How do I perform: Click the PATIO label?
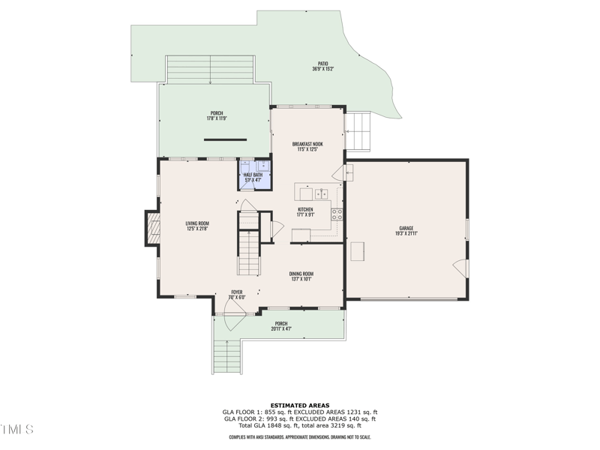tap(322, 64)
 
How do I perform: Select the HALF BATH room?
tap(253, 175)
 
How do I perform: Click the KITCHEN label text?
tap(305, 209)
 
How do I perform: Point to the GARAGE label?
tap(406, 228)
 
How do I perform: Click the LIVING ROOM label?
tap(197, 223)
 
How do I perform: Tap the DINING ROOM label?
tap(301, 274)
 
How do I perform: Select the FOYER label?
tap(236, 292)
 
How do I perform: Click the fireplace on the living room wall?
tap(152, 228)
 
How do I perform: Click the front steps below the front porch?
tap(226, 358)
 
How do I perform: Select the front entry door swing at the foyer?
tap(233, 319)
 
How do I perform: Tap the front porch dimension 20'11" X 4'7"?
tap(281, 328)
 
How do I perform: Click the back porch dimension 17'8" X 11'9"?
tap(216, 118)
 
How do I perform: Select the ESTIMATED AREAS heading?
tap(300, 406)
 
